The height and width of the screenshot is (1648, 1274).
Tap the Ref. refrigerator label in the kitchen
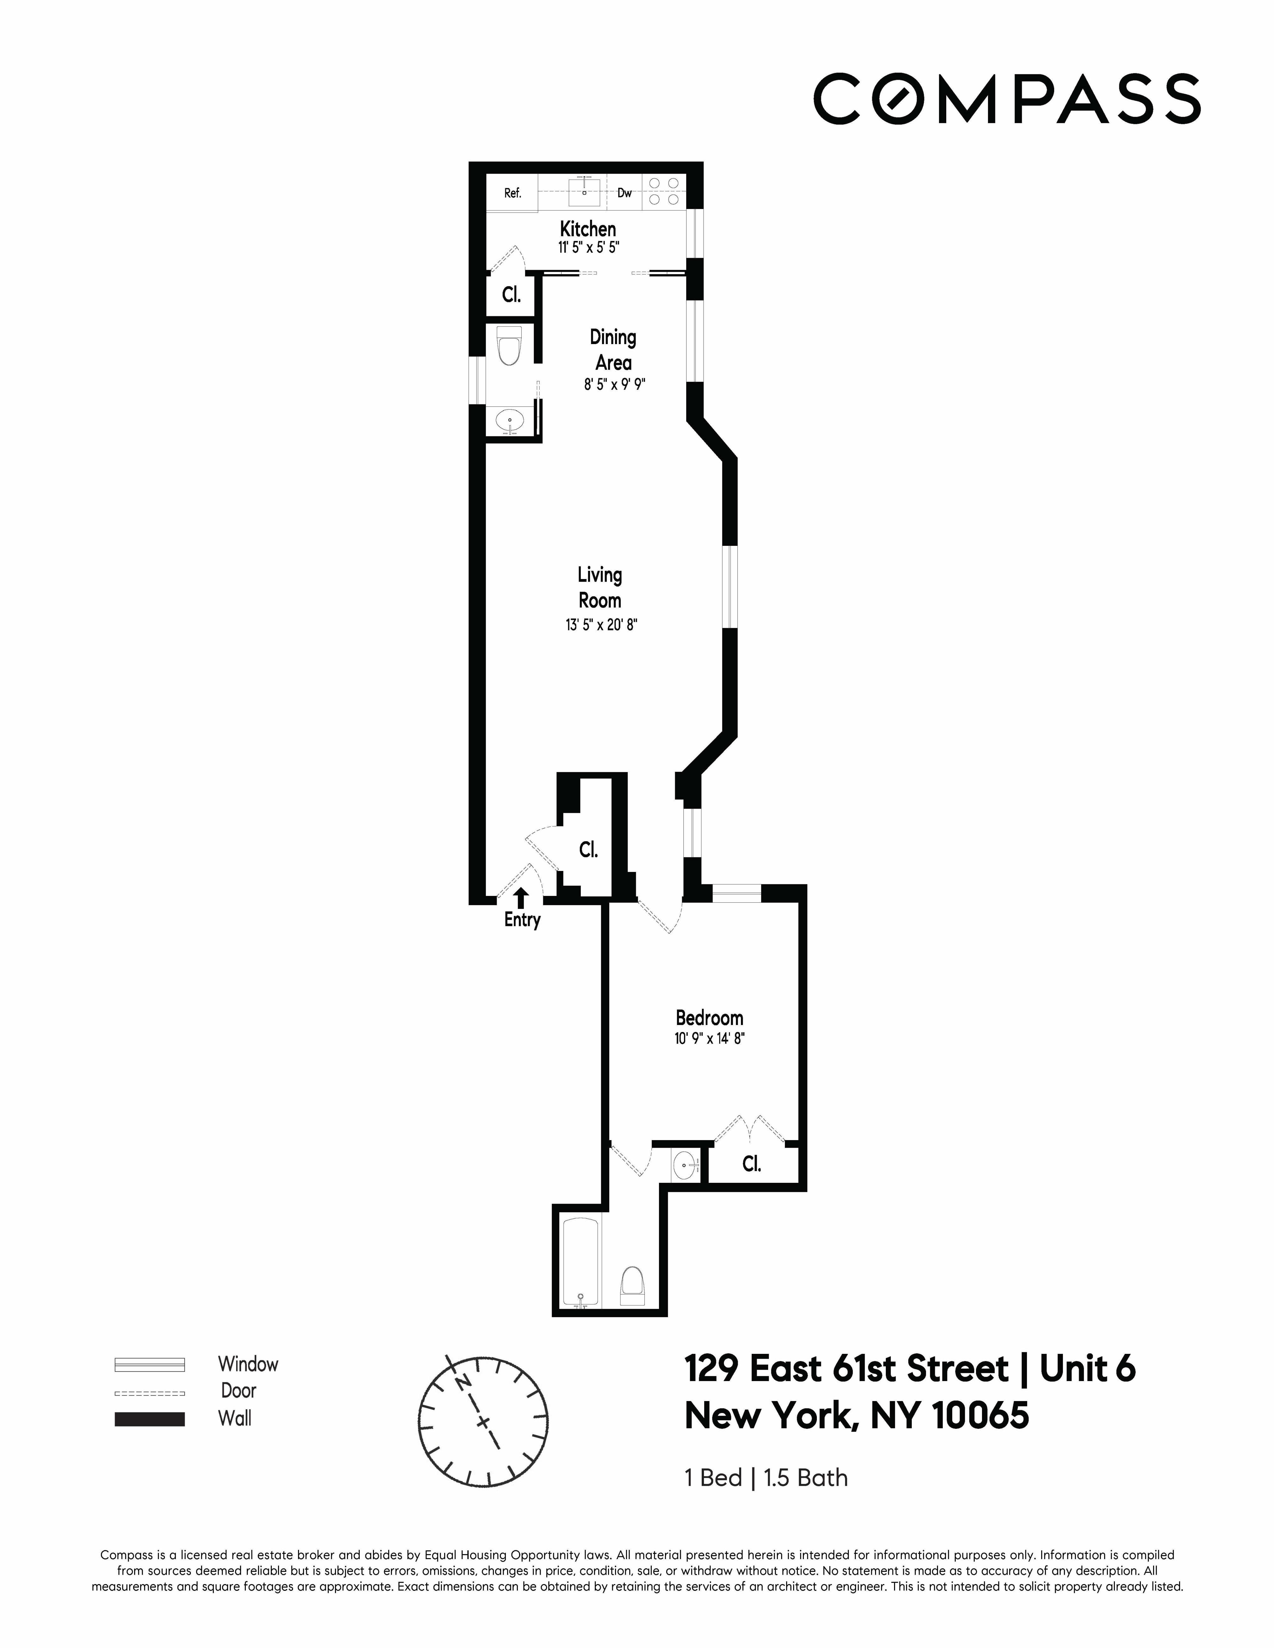[513, 193]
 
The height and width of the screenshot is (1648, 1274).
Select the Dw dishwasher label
[624, 193]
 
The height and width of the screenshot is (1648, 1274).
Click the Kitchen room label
[587, 229]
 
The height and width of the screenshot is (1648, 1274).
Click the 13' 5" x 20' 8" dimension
[601, 625]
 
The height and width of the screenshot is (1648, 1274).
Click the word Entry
[522, 920]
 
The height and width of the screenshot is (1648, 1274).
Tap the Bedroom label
[709, 1018]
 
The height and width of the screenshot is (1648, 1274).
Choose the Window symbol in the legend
[149, 1364]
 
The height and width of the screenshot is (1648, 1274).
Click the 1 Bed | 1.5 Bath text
[765, 1478]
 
